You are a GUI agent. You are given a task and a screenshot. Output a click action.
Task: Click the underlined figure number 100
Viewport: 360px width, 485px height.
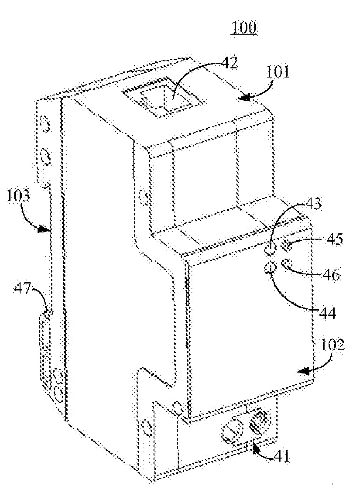click(243, 28)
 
